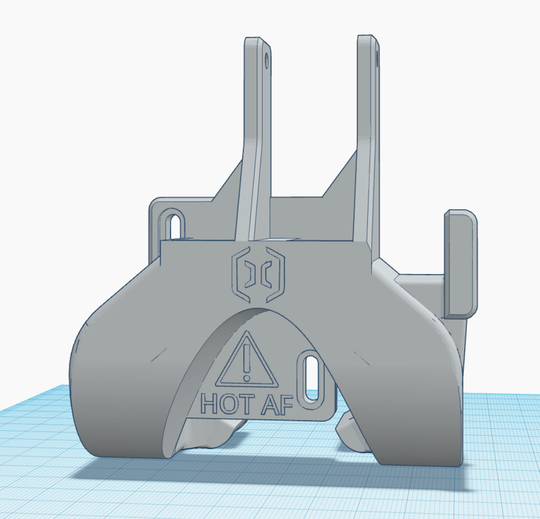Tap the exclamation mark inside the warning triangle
tap(247, 361)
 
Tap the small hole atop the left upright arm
tap(268, 61)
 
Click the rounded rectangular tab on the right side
tap(461, 263)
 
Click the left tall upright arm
tap(255, 135)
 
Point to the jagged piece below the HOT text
tap(209, 436)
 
